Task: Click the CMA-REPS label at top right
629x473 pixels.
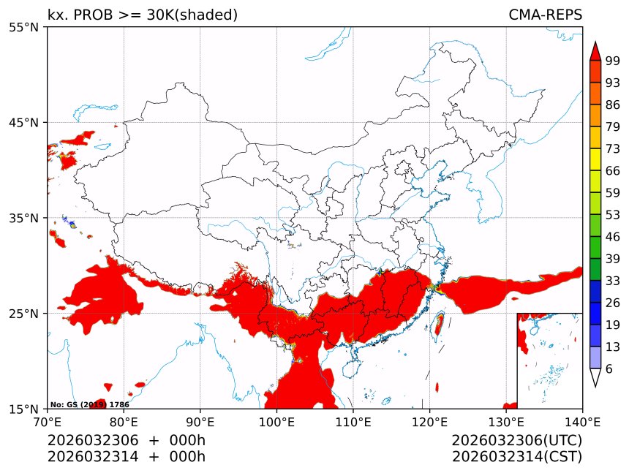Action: [x=545, y=15]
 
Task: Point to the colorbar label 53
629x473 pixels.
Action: [x=613, y=215]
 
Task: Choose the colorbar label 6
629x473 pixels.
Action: [x=609, y=369]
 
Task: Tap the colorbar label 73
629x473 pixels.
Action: [x=613, y=149]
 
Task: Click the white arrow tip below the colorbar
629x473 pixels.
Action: [x=595, y=378]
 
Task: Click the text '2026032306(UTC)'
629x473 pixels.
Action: [x=516, y=440]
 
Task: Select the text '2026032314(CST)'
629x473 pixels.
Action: [x=516, y=457]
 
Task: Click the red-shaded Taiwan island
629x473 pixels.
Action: [x=439, y=322]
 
